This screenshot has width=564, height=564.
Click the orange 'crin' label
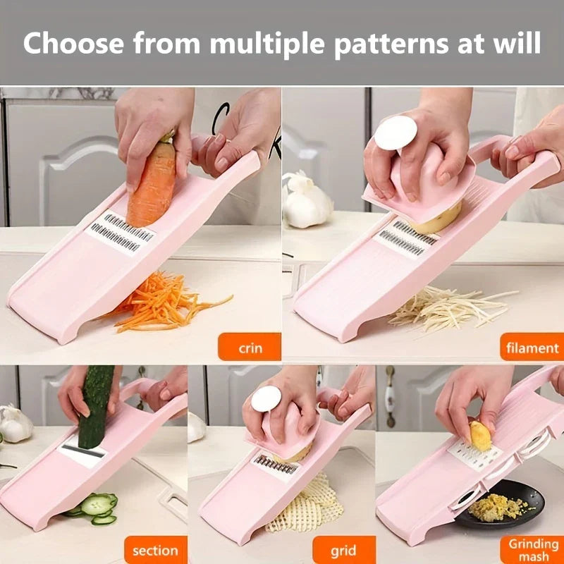point(250,347)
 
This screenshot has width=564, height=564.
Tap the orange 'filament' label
point(532,347)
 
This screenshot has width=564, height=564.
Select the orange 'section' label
point(156,550)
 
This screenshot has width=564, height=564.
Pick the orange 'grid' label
point(344,550)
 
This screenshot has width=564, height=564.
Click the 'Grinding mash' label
point(532,550)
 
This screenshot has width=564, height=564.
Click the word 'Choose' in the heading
point(73,43)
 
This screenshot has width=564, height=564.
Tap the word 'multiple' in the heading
point(267,44)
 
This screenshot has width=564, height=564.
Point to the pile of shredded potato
point(450,307)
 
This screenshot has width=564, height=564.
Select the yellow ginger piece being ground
point(480,436)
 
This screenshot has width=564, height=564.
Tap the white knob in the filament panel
point(396,133)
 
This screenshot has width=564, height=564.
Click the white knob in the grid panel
point(266,398)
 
